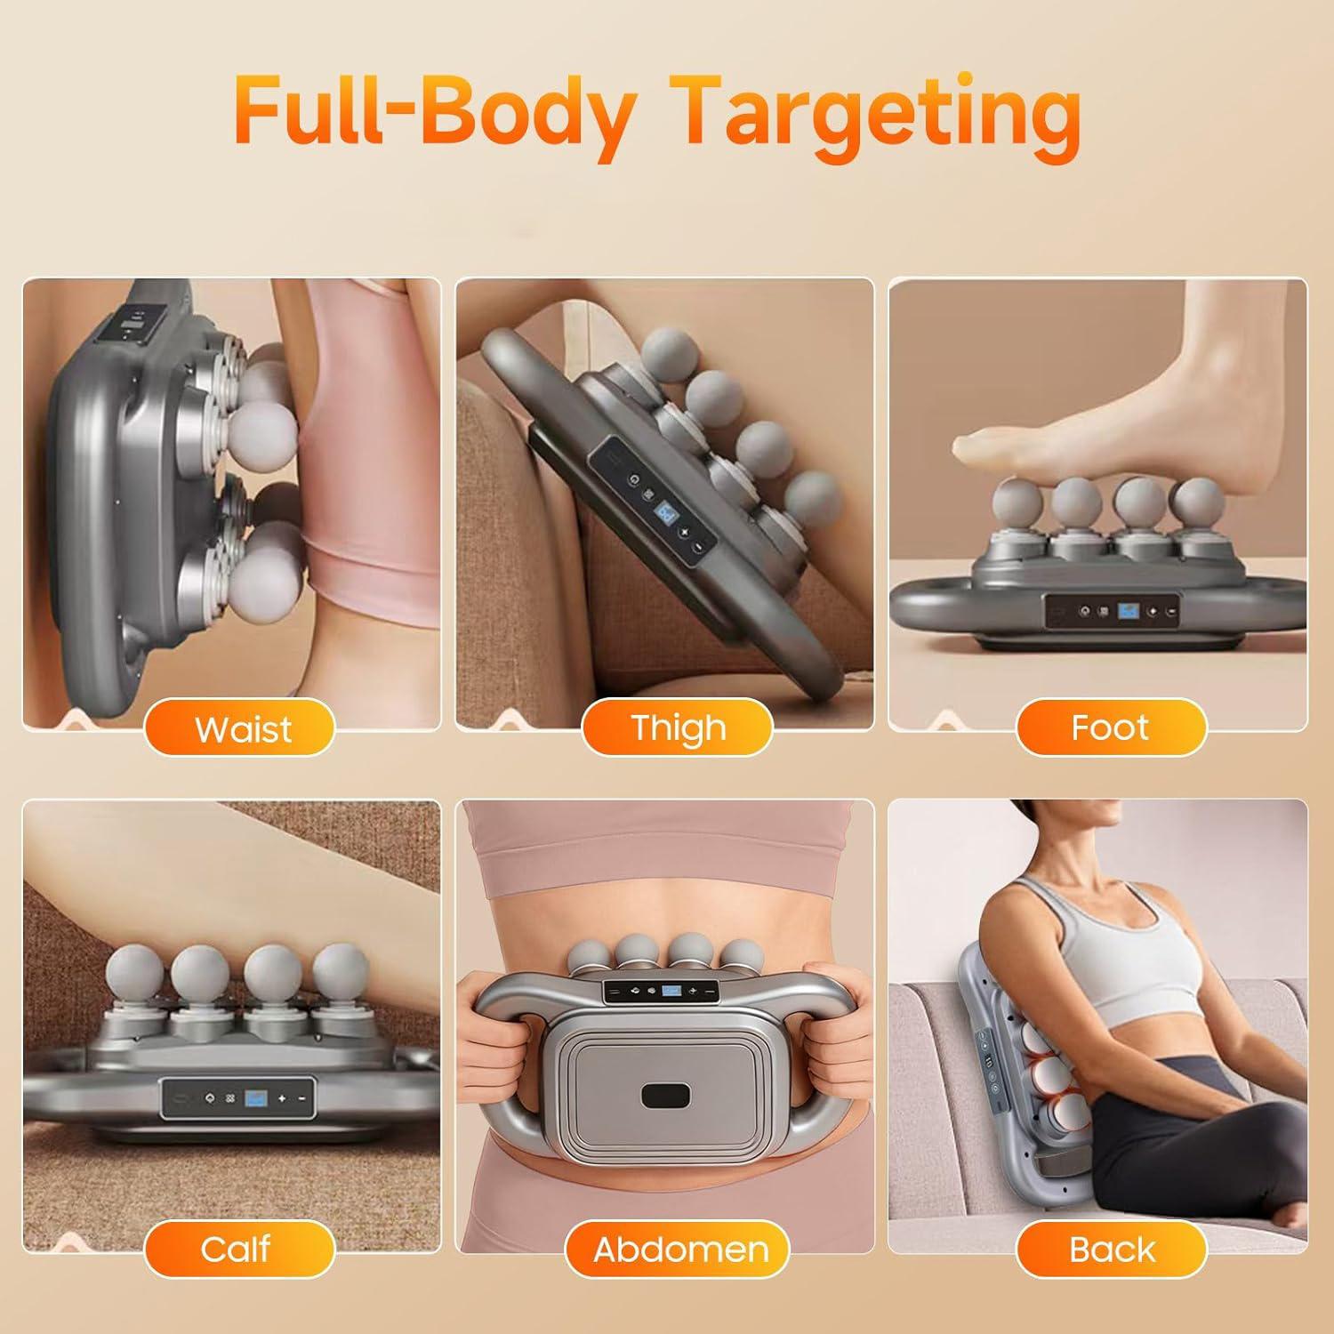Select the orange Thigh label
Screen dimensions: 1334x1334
(678, 728)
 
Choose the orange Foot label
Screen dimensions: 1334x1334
(1111, 728)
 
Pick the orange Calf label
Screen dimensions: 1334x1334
(237, 1249)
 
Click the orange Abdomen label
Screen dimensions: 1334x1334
(679, 1249)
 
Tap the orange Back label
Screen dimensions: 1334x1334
(1111, 1249)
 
